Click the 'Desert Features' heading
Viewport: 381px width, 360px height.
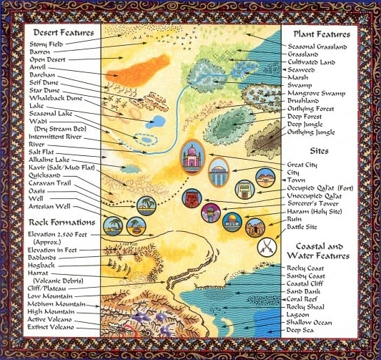coord(60,32)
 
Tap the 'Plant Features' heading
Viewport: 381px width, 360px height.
coord(321,34)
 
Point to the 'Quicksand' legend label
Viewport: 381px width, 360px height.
coord(46,175)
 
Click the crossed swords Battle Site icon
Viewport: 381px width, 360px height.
coord(267,248)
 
